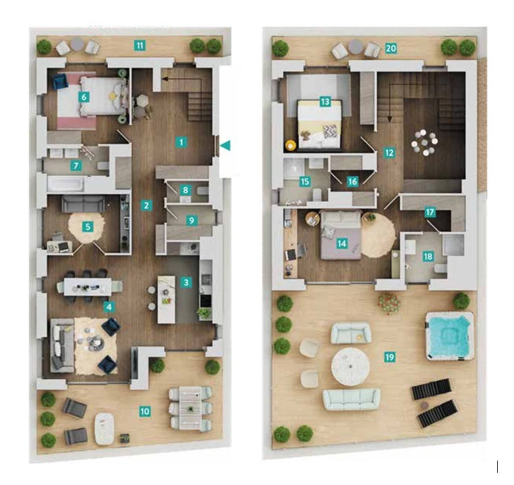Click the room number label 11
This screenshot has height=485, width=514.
(140, 45)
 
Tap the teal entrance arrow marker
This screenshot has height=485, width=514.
(225, 145)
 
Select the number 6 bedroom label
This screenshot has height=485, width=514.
(84, 97)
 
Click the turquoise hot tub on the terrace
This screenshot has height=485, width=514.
(449, 336)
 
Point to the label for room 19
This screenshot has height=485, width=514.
(389, 357)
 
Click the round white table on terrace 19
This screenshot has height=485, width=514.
(351, 367)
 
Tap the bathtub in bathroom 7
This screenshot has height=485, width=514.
(65, 184)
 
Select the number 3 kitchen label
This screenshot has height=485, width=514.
(186, 282)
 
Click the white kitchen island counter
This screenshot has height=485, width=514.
(167, 299)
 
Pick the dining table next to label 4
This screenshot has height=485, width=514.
(88, 287)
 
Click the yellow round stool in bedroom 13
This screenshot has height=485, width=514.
(291, 145)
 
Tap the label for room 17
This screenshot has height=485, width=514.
(430, 212)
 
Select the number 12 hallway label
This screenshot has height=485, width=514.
(389, 152)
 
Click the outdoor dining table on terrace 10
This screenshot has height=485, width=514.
(190, 408)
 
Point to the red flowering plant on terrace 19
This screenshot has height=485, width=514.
(389, 303)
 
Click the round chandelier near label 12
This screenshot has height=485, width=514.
(425, 142)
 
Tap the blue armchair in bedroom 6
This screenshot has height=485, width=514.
(59, 81)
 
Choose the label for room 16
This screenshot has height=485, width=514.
(352, 181)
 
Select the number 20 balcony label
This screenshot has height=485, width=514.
(391, 49)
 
